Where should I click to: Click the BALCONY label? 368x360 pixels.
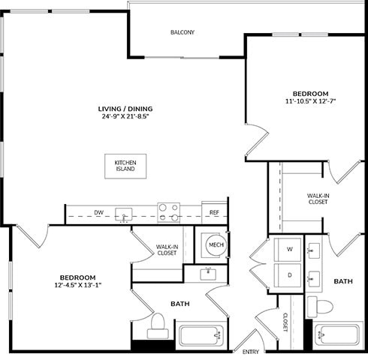pyautogui.click(x=182, y=32)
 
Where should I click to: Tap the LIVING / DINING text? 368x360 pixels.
pyautogui.click(x=120, y=108)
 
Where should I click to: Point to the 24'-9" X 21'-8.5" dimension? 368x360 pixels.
pyautogui.click(x=120, y=116)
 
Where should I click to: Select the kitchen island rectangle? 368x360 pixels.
pyautogui.click(x=125, y=166)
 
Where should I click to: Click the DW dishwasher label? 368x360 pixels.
pyautogui.click(x=98, y=213)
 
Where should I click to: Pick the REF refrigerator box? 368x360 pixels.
pyautogui.click(x=214, y=213)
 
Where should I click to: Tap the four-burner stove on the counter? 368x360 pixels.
pyautogui.click(x=168, y=212)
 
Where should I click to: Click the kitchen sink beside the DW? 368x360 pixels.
pyautogui.click(x=123, y=214)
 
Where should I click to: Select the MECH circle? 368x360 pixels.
pyautogui.click(x=216, y=244)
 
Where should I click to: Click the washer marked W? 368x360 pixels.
pyautogui.click(x=288, y=249)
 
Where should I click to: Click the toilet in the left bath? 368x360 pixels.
pyautogui.click(x=156, y=324)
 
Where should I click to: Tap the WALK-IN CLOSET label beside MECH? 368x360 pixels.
pyautogui.click(x=166, y=250)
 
